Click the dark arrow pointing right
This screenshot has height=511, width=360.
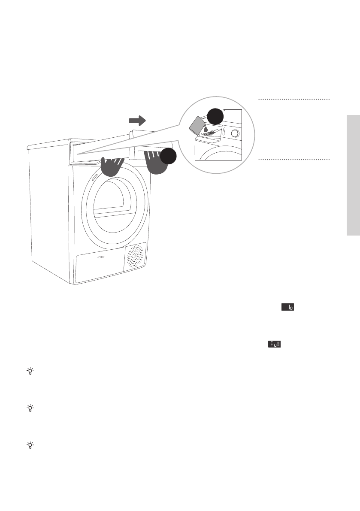138,120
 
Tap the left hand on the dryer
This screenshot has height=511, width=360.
112,166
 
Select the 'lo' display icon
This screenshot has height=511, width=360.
288,308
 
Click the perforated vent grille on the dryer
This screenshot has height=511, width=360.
136,257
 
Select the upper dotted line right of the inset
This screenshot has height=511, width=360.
294,100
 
